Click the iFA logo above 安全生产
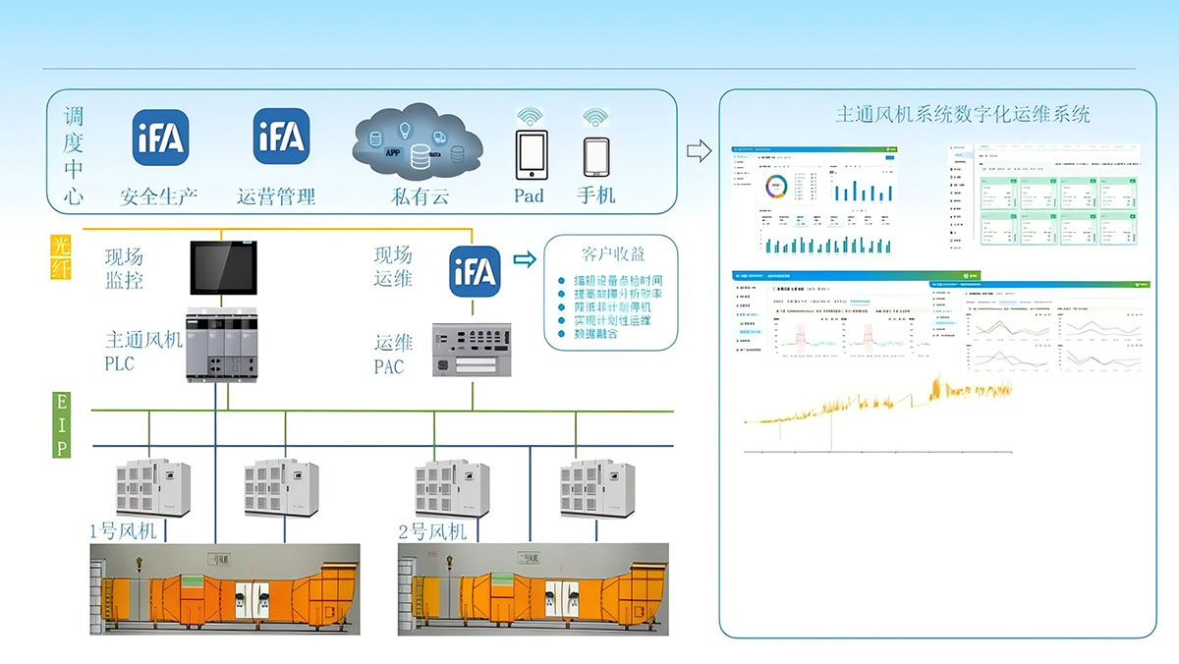(x=160, y=138)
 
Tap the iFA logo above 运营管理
(x=281, y=137)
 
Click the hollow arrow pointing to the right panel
(x=698, y=150)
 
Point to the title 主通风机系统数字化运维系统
(x=962, y=114)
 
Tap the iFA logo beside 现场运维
(x=476, y=270)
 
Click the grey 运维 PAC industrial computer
(x=474, y=352)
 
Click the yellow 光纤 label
(x=61, y=256)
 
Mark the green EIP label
(x=61, y=424)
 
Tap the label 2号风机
(x=432, y=532)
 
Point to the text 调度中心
(x=74, y=156)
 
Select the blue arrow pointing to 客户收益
(x=525, y=259)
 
